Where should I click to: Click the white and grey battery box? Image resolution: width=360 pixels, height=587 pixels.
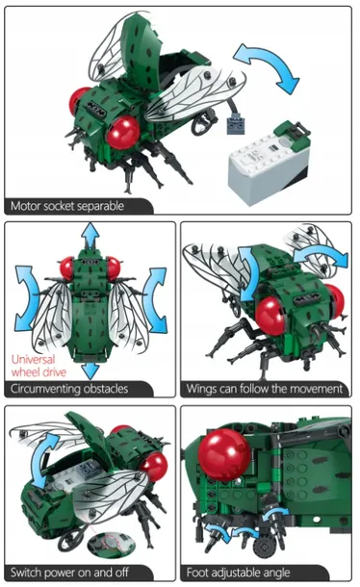click(x=268, y=163)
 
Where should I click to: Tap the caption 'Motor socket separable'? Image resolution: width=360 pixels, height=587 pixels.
click(x=67, y=206)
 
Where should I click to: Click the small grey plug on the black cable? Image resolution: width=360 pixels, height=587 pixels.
click(x=237, y=124)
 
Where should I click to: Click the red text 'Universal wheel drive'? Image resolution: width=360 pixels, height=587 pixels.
click(x=39, y=366)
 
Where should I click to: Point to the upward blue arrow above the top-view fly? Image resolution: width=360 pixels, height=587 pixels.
click(x=90, y=236)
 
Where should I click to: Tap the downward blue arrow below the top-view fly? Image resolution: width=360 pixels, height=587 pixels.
click(x=90, y=370)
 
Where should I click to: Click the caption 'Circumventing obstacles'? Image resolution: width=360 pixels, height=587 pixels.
click(x=69, y=389)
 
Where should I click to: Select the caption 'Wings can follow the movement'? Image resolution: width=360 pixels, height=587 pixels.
click(x=264, y=389)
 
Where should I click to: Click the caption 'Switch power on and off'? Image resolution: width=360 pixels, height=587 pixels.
click(x=69, y=573)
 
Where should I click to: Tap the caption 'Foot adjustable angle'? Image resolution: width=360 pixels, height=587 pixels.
click(x=239, y=573)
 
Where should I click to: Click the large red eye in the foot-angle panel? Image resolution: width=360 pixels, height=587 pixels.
click(x=223, y=454)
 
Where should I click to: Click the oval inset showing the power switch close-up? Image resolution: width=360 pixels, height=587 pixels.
click(x=112, y=542)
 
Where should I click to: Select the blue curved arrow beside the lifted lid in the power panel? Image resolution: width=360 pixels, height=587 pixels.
click(x=42, y=459)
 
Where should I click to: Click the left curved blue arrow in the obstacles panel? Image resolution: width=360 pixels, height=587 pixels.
click(x=26, y=298)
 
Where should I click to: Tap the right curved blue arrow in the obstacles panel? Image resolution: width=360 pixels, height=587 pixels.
click(x=155, y=299)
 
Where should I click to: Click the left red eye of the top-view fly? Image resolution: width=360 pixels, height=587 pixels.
click(x=66, y=268)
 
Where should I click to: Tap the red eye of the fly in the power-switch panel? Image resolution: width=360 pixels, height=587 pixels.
click(x=154, y=467)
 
